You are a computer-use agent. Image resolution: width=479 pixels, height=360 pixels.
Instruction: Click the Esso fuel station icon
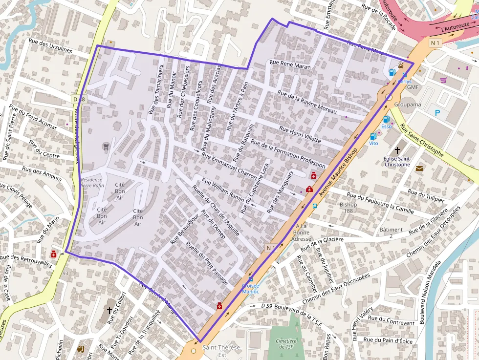click(386, 119)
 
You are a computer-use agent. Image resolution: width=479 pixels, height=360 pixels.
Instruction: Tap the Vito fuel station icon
click(373, 136)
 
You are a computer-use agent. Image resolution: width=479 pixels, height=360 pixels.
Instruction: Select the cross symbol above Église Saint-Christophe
click(397, 150)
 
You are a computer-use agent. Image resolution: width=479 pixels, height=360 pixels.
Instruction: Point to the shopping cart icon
click(443, 80)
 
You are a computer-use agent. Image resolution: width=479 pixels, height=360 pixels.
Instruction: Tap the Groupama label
click(408, 105)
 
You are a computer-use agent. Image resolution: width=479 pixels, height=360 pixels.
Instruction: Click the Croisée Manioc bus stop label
click(250, 289)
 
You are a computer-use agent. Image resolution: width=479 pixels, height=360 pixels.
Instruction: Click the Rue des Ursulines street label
click(50, 47)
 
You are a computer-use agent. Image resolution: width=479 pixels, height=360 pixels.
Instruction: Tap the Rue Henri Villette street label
click(300, 134)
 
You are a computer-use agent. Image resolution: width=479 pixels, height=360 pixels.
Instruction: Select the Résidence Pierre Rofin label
click(92, 182)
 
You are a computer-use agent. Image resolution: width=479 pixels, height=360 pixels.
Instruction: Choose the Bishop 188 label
click(348, 208)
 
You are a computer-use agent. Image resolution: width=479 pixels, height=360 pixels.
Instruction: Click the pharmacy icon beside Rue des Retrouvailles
click(53, 254)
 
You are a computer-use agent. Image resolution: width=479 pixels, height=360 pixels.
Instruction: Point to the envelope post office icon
click(419, 169)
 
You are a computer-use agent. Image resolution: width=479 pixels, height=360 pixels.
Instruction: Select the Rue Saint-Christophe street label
click(421, 141)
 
